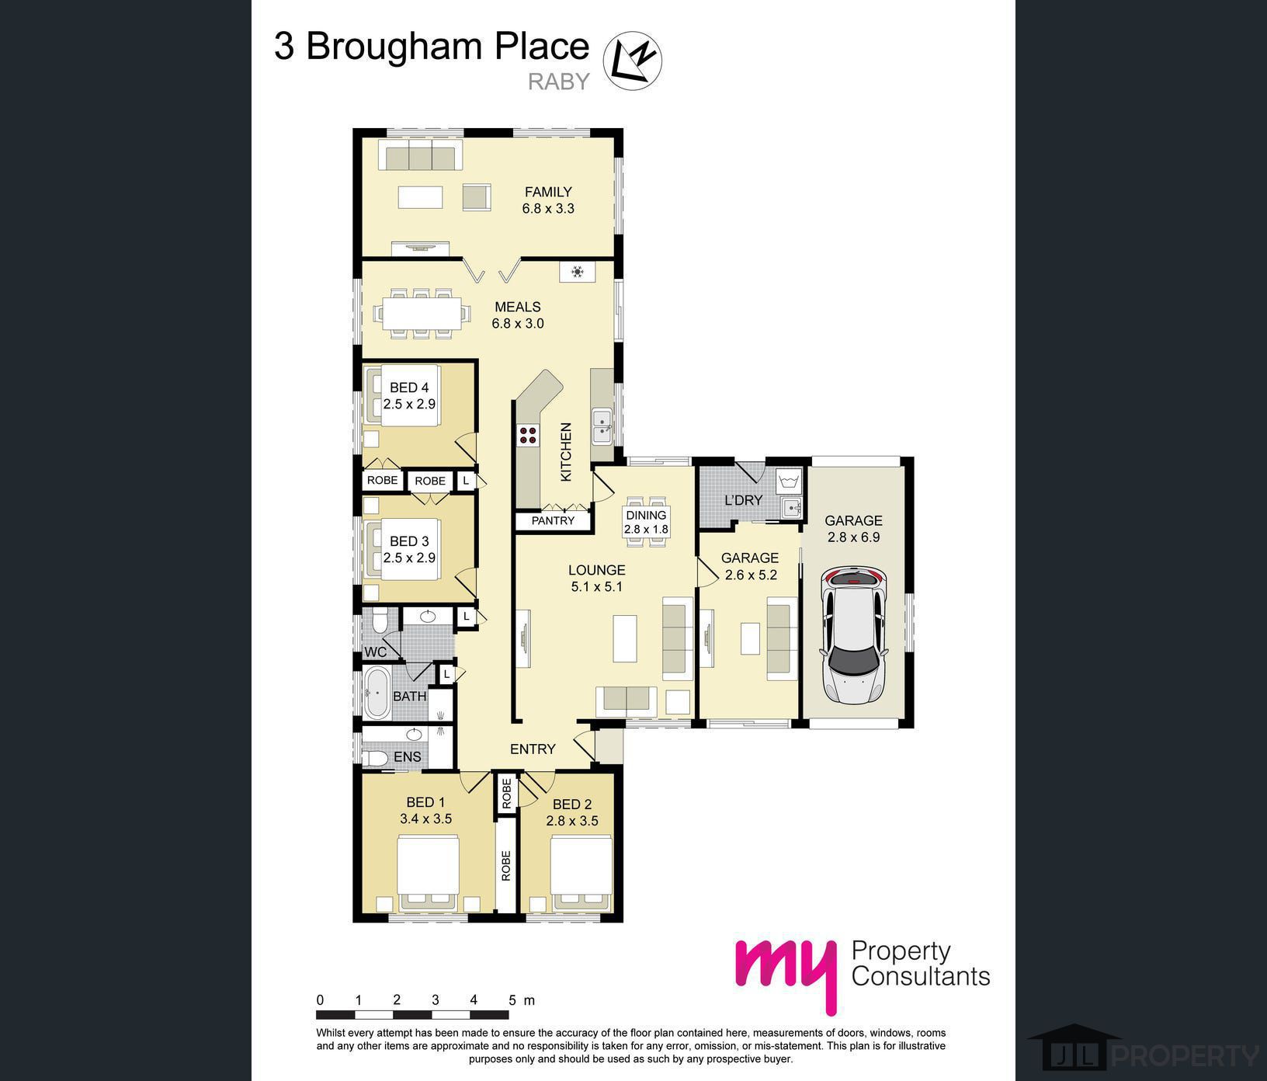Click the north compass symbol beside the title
point(633,60)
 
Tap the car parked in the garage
point(854,635)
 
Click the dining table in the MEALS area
point(422,313)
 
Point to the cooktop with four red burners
point(528,435)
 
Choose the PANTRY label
point(553,520)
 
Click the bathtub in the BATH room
point(378,692)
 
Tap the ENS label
point(408,756)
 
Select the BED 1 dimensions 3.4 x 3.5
point(425,819)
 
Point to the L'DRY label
point(743,500)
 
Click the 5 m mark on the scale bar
point(512,1000)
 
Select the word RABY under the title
point(559,81)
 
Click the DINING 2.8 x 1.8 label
point(646,522)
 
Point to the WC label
point(375,652)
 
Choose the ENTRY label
point(533,749)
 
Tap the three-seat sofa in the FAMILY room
point(420,155)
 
